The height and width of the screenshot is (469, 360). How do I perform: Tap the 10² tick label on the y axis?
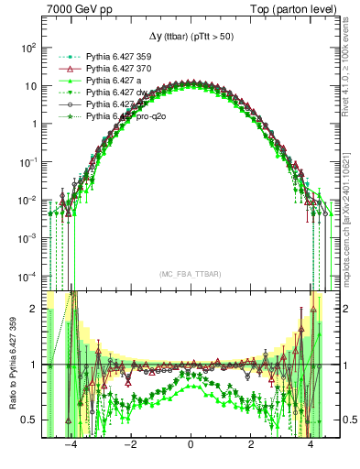click(x=30, y=46)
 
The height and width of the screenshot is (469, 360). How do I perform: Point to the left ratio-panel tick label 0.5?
click(x=32, y=420)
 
